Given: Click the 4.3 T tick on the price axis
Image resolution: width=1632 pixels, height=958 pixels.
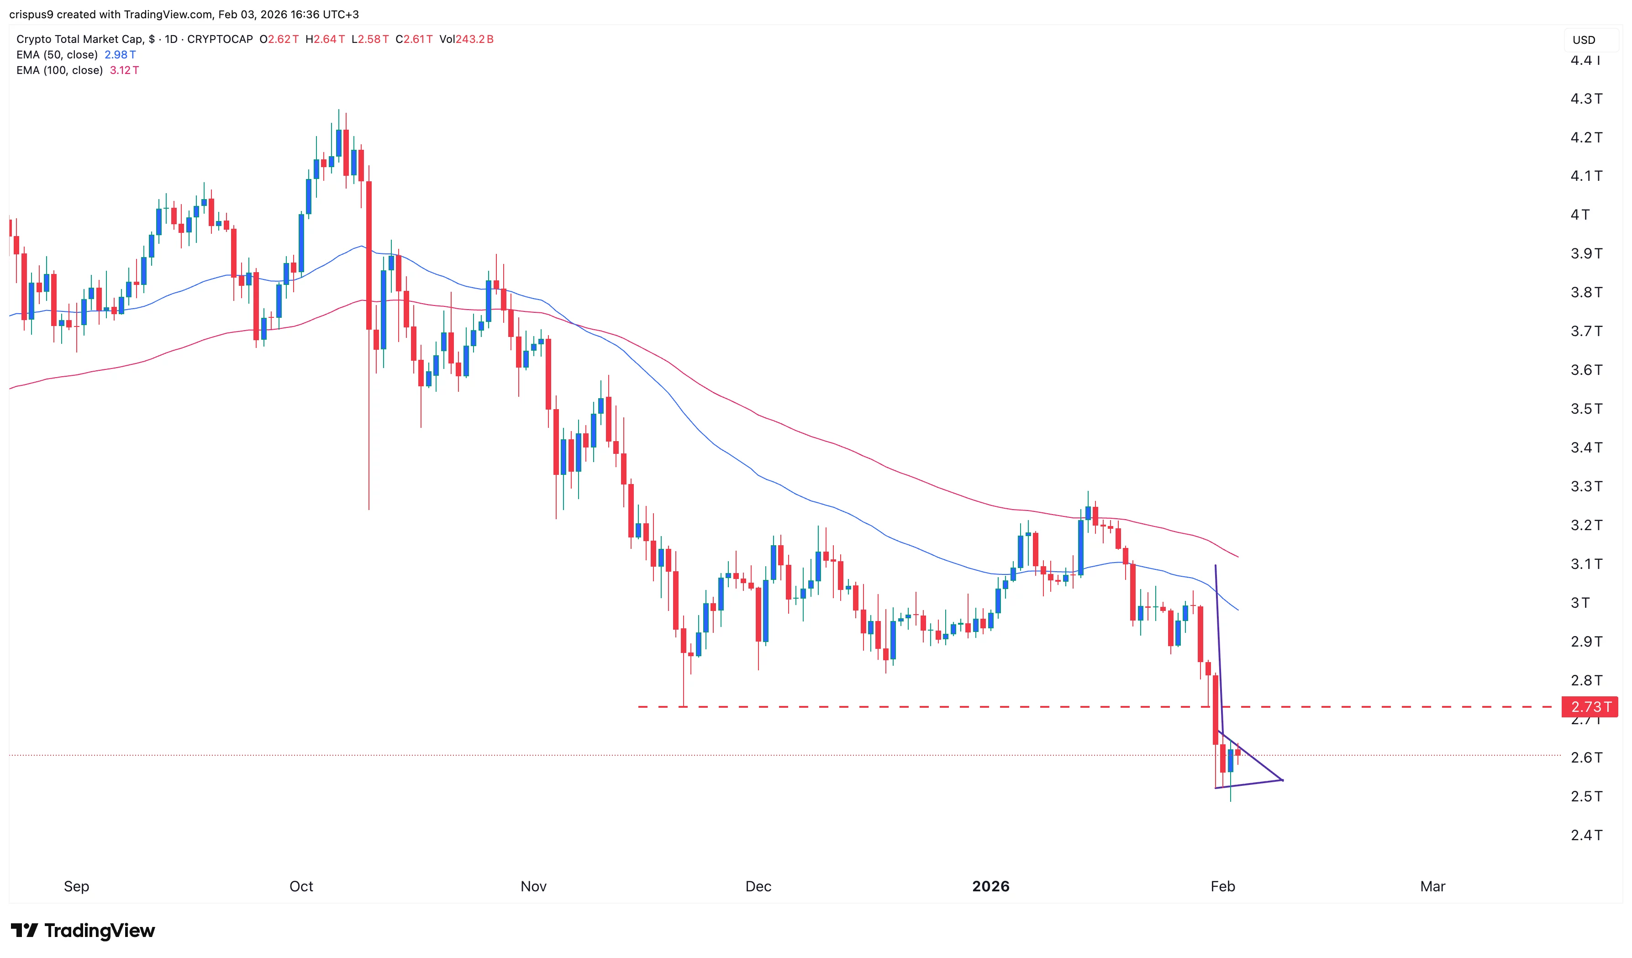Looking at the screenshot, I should pyautogui.click(x=1586, y=99).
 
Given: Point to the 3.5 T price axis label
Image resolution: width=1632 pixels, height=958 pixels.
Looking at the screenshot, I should pyautogui.click(x=1586, y=409).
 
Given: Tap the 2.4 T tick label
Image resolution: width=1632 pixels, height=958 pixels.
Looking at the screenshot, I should pyautogui.click(x=1586, y=835).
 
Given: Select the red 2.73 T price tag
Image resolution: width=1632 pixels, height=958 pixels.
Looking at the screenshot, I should pyautogui.click(x=1590, y=707).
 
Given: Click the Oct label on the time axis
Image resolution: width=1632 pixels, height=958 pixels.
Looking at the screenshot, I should pyautogui.click(x=301, y=886).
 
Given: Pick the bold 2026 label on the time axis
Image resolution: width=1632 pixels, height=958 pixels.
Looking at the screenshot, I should pyautogui.click(x=990, y=886).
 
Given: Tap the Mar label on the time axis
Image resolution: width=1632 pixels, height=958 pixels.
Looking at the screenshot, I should pyautogui.click(x=1432, y=886).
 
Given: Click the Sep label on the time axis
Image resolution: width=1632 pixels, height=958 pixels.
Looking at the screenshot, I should pyautogui.click(x=76, y=886).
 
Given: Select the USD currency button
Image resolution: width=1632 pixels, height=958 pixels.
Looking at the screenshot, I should pyautogui.click(x=1584, y=40).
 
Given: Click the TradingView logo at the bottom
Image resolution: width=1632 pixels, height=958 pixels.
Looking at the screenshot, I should pyautogui.click(x=83, y=931).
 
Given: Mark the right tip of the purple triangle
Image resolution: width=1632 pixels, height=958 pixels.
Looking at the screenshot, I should pyautogui.click(x=1283, y=780).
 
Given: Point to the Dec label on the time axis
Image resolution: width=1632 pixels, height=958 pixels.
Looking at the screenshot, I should pyautogui.click(x=758, y=886).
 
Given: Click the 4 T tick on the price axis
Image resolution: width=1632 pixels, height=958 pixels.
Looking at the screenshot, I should pyautogui.click(x=1580, y=215).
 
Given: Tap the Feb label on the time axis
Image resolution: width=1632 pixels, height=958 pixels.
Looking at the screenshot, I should pyautogui.click(x=1223, y=886).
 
